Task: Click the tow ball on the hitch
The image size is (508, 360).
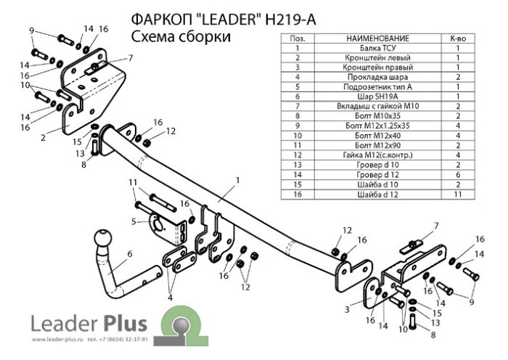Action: (x=101, y=240)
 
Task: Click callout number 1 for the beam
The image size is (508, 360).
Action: (x=237, y=179)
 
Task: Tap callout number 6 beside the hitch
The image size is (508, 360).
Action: (x=130, y=253)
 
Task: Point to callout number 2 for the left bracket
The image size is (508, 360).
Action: (x=43, y=136)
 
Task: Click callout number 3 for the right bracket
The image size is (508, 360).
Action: (x=348, y=309)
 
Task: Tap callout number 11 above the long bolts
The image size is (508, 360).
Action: (x=132, y=181)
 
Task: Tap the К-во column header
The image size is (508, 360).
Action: (x=459, y=37)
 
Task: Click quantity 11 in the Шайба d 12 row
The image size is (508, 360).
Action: (x=459, y=194)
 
